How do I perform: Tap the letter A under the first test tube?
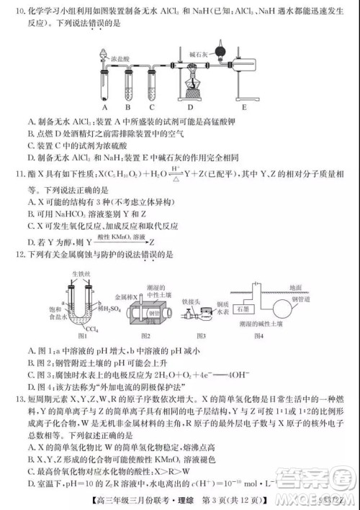pos(107,109)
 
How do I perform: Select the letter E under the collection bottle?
pos(243,109)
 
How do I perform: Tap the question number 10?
pos(19,12)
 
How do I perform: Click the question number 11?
pos(19,173)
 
